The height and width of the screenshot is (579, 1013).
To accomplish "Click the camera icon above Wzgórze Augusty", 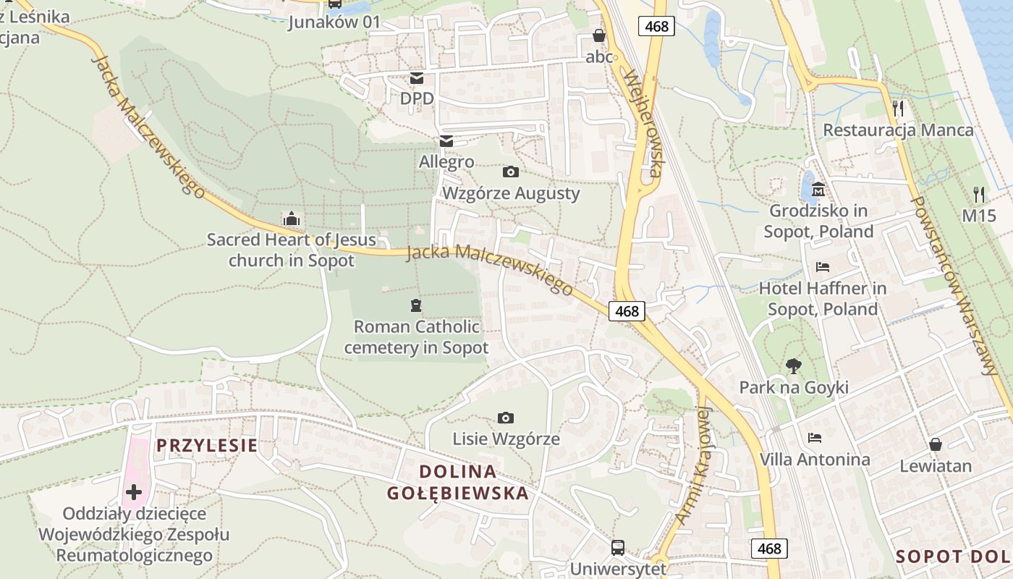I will [x=510, y=172].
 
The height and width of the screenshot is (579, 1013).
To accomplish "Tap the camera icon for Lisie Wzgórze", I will [x=506, y=418].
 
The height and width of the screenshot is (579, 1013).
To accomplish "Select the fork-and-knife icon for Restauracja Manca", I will [x=898, y=109].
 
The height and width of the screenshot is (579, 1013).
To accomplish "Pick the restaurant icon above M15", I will [x=979, y=194].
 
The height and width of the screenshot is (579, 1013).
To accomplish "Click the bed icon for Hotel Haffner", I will [x=823, y=266].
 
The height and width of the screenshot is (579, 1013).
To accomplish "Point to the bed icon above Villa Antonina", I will [x=815, y=437].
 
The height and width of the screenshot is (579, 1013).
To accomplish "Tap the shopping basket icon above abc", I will [x=598, y=35].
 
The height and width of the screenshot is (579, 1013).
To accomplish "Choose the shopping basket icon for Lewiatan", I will [x=936, y=444].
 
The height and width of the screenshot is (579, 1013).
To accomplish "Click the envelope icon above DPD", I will [x=417, y=77].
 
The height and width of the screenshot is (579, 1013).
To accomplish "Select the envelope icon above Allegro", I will [x=446, y=140].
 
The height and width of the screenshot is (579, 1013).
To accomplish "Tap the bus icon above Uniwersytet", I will [x=617, y=547].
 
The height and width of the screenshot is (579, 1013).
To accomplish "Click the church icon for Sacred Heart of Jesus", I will [x=292, y=218].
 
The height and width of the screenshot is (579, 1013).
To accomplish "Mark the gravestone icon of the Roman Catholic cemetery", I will [x=415, y=305].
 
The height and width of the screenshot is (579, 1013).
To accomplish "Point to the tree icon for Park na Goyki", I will [x=794, y=366].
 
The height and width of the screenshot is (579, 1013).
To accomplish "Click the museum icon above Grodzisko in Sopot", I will [x=818, y=190].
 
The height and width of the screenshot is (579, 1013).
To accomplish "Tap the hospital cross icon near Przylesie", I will [x=134, y=492].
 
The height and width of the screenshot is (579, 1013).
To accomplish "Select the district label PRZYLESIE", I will [x=207, y=445].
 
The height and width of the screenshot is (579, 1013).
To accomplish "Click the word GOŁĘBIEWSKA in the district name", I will [x=457, y=494].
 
